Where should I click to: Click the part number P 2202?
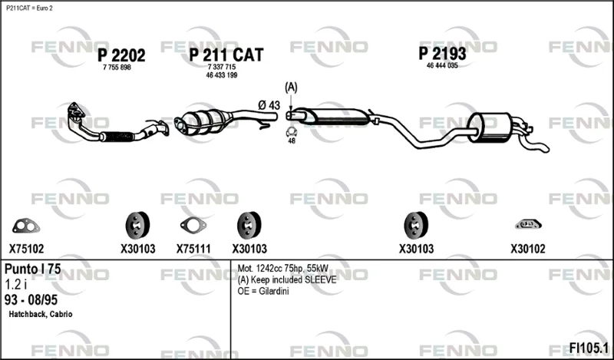[x=121, y=55]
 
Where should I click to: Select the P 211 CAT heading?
[x=226, y=54]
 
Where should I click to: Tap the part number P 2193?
[x=443, y=53]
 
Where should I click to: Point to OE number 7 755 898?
[x=117, y=68]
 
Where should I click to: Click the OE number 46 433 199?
[x=222, y=75]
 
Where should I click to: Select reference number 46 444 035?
[x=442, y=65]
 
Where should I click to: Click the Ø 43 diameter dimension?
[x=269, y=105]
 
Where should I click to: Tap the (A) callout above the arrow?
[x=291, y=88]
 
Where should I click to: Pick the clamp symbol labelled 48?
[x=292, y=132]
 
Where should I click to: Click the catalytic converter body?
[x=203, y=121]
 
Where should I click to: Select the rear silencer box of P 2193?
[x=490, y=127]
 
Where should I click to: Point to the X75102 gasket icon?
[x=26, y=226]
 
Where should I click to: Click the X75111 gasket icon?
[x=193, y=225]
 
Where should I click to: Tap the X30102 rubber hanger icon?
[x=528, y=224]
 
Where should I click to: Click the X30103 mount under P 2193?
[x=416, y=225]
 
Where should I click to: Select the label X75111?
[x=193, y=249]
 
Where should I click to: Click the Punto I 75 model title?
[x=32, y=269]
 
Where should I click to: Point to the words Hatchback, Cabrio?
[x=41, y=314]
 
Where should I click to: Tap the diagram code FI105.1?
[x=589, y=348]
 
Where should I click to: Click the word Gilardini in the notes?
[x=274, y=292]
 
